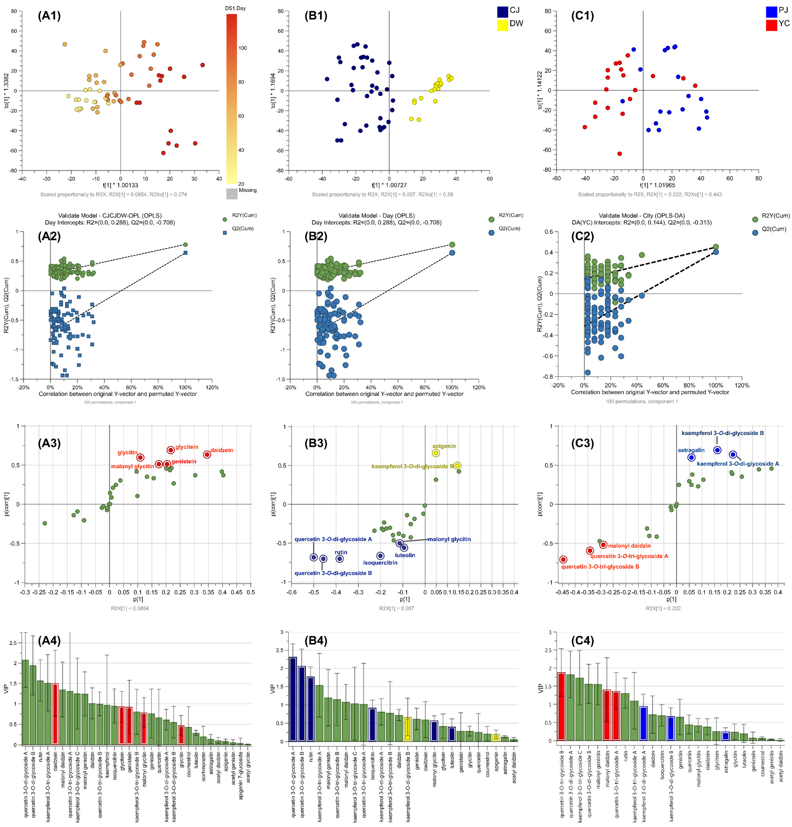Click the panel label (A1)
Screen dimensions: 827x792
(49, 16)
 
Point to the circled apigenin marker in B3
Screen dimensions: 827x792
(436, 453)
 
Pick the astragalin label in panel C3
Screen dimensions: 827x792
(691, 450)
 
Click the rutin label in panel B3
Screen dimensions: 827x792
(341, 552)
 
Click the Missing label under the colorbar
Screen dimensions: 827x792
(248, 190)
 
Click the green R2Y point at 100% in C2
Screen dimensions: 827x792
(716, 247)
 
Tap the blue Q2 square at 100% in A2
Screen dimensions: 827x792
(185, 253)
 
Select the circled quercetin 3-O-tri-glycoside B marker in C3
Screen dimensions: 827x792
(563, 560)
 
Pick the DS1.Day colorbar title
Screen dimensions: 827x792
(235, 8)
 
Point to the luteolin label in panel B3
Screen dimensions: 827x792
(405, 555)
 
